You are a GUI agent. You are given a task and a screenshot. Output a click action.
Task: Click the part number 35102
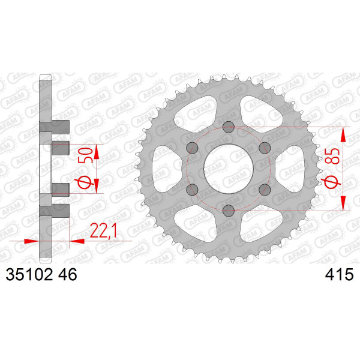pyautogui.click(x=29, y=274)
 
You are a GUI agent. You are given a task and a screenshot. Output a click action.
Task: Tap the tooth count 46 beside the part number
pyautogui.click(x=68, y=274)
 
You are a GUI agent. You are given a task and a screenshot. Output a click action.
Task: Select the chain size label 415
pyautogui.click(x=339, y=274)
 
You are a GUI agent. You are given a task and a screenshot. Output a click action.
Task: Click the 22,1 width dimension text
pyautogui.click(x=104, y=230)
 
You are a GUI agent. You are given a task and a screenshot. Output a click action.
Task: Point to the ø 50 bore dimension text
pyautogui.click(x=85, y=168)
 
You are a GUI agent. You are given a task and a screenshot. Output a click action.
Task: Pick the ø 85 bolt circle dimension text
pyautogui.click(x=332, y=168)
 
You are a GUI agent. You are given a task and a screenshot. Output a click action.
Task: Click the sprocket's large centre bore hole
pyautogui.click(x=229, y=169)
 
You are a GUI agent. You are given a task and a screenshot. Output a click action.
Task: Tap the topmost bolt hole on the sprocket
pyautogui.click(x=229, y=127)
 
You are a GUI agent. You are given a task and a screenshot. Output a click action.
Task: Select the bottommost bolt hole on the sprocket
pyautogui.click(x=229, y=211)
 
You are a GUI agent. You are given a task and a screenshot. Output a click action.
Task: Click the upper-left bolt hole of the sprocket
pyautogui.click(x=193, y=148)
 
